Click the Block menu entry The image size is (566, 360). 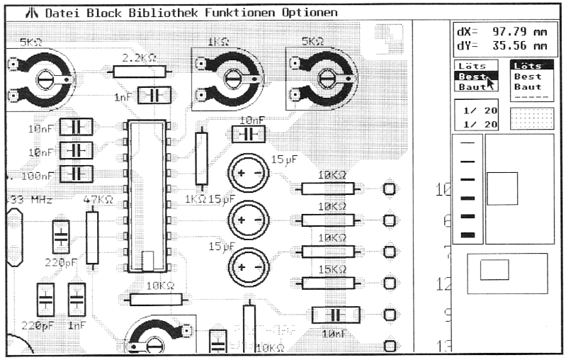click(x=106, y=13)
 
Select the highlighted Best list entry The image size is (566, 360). click(x=473, y=77)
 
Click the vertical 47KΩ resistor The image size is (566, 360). click(x=91, y=237)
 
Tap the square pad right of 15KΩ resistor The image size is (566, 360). click(x=389, y=283)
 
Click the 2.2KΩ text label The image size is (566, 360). click(x=140, y=57)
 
